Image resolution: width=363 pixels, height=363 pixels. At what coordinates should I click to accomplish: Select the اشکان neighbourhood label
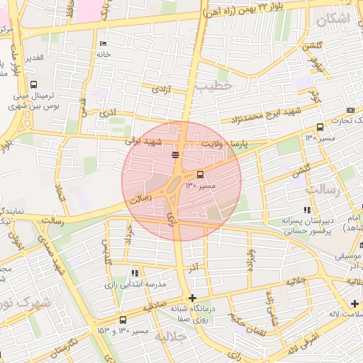334,19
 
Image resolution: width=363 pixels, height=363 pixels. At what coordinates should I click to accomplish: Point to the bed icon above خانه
104,44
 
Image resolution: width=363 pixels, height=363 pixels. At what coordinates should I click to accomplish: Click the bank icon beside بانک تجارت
351,111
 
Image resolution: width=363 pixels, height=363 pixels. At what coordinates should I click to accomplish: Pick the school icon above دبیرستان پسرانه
307,210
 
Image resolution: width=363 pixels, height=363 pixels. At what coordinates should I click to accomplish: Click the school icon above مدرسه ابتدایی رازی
134,273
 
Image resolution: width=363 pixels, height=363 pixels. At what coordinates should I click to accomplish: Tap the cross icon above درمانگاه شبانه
191,298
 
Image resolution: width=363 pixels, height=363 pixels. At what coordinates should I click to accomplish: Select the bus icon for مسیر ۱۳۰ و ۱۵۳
123,320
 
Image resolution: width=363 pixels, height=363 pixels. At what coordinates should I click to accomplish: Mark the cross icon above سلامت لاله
354,303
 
